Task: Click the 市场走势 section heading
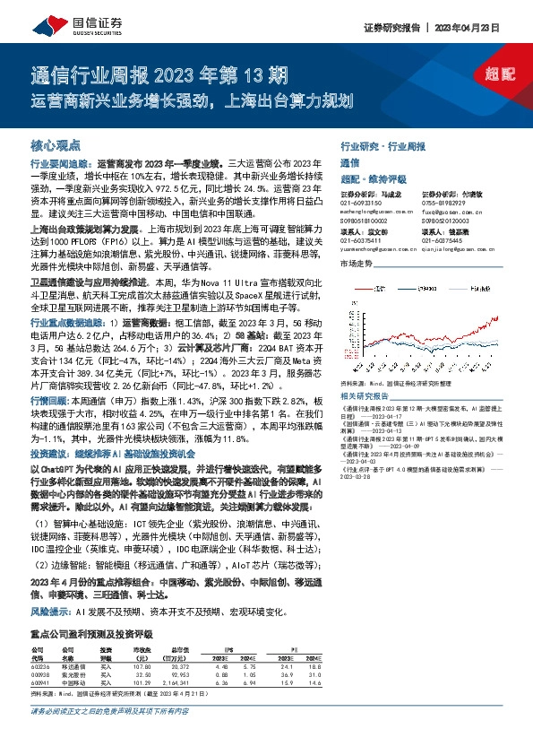356,264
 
